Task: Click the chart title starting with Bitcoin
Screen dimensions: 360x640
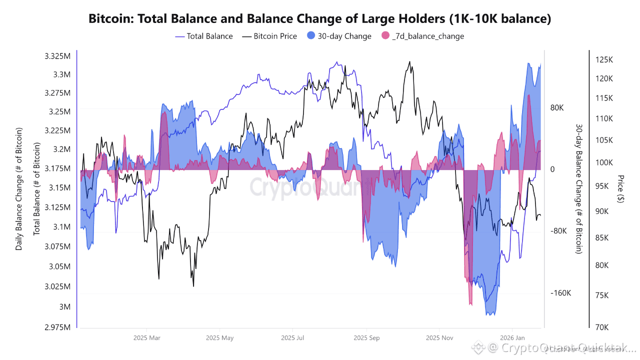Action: [x=320, y=19]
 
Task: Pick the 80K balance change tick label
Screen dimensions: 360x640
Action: [x=557, y=108]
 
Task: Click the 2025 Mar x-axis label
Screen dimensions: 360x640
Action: [x=147, y=337]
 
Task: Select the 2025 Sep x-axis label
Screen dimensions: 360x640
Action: [x=366, y=337]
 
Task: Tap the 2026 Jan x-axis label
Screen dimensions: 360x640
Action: [x=513, y=337]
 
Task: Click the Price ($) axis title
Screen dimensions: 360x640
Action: [x=620, y=189]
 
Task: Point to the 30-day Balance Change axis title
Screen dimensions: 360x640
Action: [x=578, y=189]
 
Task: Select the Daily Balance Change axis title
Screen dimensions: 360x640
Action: [x=19, y=189]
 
